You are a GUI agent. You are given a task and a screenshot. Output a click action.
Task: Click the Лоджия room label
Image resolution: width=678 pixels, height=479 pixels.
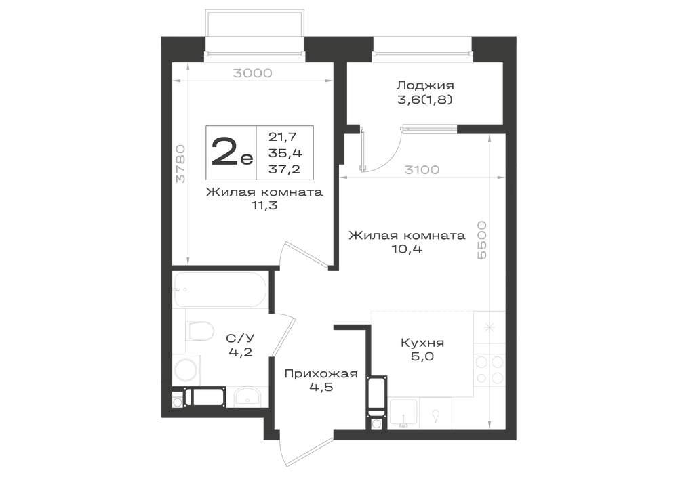coord(426,85)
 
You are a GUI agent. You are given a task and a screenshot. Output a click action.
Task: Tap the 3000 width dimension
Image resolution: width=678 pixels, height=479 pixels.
coord(253,73)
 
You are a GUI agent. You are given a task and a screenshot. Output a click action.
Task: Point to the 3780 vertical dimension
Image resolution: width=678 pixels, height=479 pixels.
coord(181,164)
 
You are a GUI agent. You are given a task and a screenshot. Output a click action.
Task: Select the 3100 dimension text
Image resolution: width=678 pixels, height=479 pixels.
coord(422,170)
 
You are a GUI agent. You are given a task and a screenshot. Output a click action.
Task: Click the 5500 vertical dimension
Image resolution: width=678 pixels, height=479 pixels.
coord(481,240)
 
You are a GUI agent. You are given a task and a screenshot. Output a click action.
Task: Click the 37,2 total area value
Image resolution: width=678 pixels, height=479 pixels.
coord(285,169)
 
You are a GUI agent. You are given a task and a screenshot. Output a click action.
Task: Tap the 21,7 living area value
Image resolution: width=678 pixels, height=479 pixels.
coord(283,137)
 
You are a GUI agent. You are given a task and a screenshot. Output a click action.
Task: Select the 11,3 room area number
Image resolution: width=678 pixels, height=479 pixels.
coord(264,205)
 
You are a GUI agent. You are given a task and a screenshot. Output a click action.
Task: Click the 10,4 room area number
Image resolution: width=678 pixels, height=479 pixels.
coord(407,249)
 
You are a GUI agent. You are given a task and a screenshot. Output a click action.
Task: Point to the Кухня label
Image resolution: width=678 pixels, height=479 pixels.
coord(422,343)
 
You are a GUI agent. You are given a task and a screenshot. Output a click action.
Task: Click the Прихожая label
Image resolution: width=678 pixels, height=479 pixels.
coord(321,373)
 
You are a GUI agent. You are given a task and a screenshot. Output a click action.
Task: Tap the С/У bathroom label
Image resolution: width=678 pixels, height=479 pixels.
coord(241,339)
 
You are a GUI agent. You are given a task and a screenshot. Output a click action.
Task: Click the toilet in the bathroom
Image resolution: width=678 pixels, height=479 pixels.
coord(199,331)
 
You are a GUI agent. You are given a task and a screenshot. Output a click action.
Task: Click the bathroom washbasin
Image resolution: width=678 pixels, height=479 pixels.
coord(247,397)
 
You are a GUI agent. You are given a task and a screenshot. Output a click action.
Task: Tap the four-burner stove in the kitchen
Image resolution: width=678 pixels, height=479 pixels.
coord(490,369)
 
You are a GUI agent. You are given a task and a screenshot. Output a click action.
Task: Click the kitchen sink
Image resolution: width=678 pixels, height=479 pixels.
coord(403,413)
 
